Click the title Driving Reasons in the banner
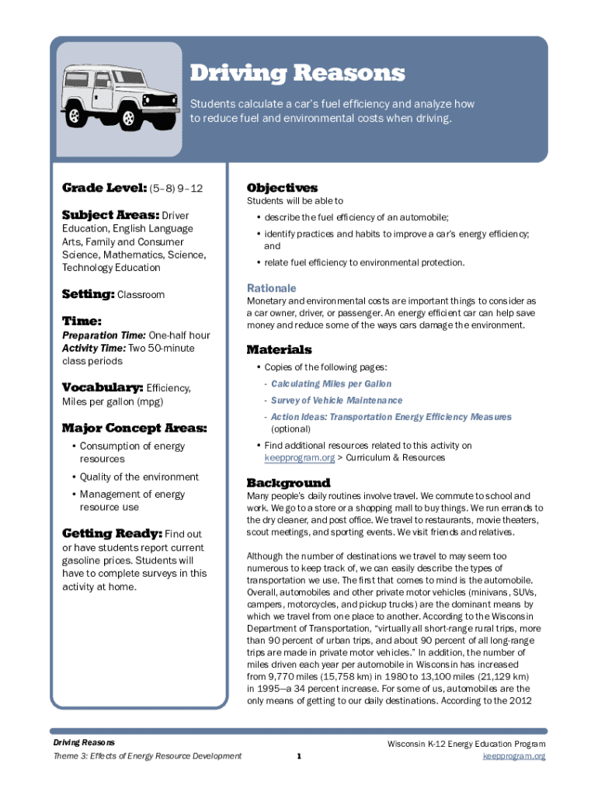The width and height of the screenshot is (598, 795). point(297,74)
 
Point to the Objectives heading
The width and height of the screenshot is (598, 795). point(282,188)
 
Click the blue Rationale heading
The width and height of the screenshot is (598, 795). point(271,287)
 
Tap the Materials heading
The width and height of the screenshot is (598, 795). point(279,349)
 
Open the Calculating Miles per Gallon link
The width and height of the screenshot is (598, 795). point(331,384)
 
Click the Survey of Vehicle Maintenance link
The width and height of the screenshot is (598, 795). point(336,400)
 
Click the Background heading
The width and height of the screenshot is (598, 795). point(288,483)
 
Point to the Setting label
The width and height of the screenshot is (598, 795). point(88,294)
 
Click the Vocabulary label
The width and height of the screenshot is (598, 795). point(102,387)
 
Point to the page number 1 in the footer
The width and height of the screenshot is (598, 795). point(299,756)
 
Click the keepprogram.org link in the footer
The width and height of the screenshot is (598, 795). point(514,755)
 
